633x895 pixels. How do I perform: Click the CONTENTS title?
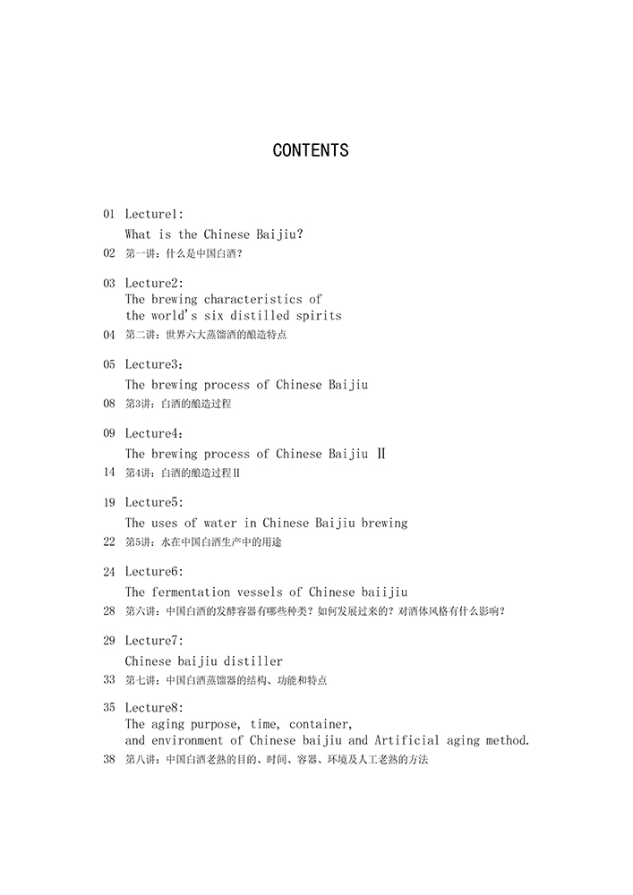pyautogui.click(x=310, y=150)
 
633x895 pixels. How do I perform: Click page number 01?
pyautogui.click(x=109, y=214)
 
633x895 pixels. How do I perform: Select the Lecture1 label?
pyautogui.click(x=153, y=214)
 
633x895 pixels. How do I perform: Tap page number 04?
pyautogui.click(x=109, y=335)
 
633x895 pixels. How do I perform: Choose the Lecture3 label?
pyautogui.click(x=153, y=364)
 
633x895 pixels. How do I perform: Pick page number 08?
pyautogui.click(x=109, y=404)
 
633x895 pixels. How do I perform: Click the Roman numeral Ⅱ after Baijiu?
pyautogui.click(x=381, y=454)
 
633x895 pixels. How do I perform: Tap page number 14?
pyautogui.click(x=109, y=473)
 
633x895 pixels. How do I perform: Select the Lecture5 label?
pyautogui.click(x=153, y=502)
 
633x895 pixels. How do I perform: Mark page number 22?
pyautogui.click(x=109, y=541)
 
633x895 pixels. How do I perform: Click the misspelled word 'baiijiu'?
pyautogui.click(x=384, y=592)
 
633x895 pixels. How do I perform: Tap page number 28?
pyautogui.click(x=109, y=611)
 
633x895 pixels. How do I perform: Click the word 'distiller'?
pyautogui.click(x=252, y=661)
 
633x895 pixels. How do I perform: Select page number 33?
pyautogui.click(x=109, y=680)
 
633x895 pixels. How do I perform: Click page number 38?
pyautogui.click(x=109, y=760)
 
